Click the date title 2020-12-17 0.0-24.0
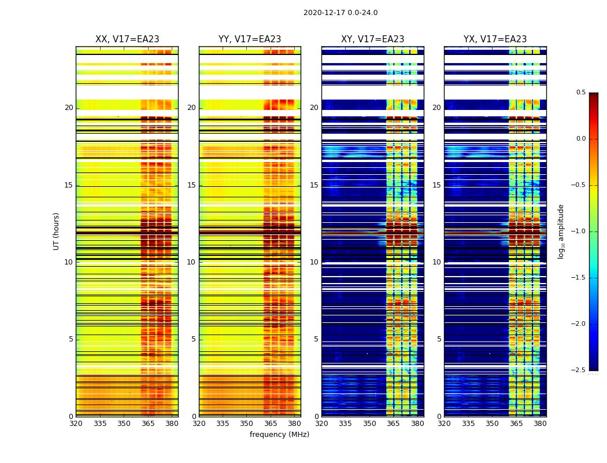click(x=340, y=13)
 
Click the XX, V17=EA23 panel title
click(x=127, y=39)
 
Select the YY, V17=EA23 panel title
click(x=250, y=39)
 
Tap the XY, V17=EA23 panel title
click(x=373, y=39)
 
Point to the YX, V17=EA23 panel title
click(x=495, y=39)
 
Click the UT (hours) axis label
click(x=57, y=231)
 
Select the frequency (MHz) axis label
click(x=279, y=435)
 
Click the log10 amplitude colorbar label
click(x=561, y=231)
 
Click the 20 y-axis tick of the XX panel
click(x=69, y=108)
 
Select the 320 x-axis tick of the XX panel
click(x=76, y=424)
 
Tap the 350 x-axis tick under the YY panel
click(x=247, y=424)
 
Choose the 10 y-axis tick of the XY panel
click(x=314, y=262)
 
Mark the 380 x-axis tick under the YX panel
click(x=540, y=424)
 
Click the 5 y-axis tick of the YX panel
click(x=439, y=339)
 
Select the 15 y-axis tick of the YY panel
click(x=191, y=185)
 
